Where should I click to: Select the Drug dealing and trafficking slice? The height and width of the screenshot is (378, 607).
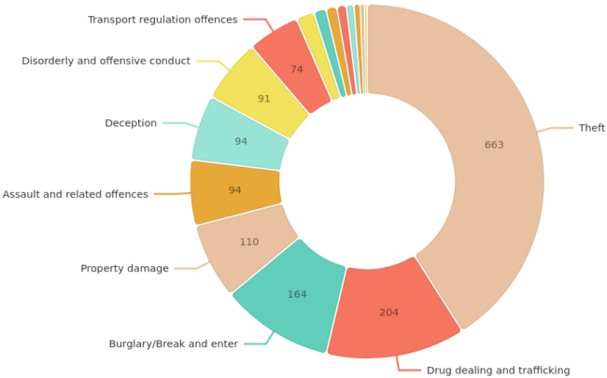pyautogui.click(x=392, y=308)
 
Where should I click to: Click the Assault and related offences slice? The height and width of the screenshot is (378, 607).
pyautogui.click(x=235, y=191)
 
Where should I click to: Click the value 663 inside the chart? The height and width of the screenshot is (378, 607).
pyautogui.click(x=494, y=145)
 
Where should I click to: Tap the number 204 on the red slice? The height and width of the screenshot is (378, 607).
pyautogui.click(x=388, y=313)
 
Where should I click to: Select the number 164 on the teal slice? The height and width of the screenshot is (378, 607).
pyautogui.click(x=297, y=295)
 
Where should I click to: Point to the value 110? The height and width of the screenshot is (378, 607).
pyautogui.click(x=248, y=242)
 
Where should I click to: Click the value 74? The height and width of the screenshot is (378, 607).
pyautogui.click(x=297, y=69)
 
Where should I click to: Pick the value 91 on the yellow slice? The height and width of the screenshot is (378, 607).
pyautogui.click(x=264, y=99)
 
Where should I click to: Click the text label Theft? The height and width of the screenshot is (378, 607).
pyautogui.click(x=592, y=128)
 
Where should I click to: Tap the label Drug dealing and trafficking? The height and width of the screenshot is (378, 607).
pyautogui.click(x=498, y=371)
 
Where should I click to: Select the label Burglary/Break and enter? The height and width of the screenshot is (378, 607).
pyautogui.click(x=174, y=343)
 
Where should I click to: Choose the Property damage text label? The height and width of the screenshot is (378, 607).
pyautogui.click(x=124, y=269)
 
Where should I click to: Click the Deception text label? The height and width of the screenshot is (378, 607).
pyautogui.click(x=131, y=123)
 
